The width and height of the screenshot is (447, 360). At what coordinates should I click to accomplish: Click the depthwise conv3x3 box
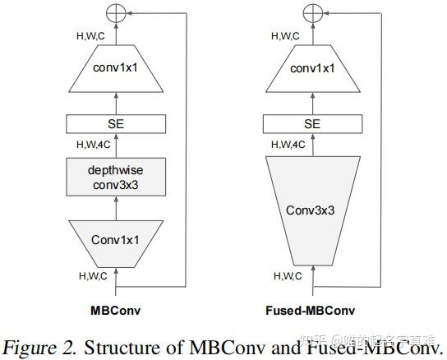[115, 177]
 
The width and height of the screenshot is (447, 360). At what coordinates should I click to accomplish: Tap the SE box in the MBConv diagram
[115, 124]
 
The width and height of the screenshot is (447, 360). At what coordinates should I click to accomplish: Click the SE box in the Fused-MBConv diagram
[311, 124]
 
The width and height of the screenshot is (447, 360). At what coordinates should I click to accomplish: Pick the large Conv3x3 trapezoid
[311, 209]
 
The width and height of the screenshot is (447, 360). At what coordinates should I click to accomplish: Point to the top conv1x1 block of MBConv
[115, 69]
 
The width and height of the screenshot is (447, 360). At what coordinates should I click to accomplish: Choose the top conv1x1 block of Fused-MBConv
[311, 69]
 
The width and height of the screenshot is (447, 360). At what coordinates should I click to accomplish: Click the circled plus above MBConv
[115, 13]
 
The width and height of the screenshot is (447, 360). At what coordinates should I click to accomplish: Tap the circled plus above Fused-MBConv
[311, 13]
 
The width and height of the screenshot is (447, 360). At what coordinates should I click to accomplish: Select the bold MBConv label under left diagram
[115, 312]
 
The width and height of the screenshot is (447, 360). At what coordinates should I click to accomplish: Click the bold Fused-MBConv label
[311, 312]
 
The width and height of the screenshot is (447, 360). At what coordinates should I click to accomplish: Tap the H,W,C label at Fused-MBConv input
[288, 275]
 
